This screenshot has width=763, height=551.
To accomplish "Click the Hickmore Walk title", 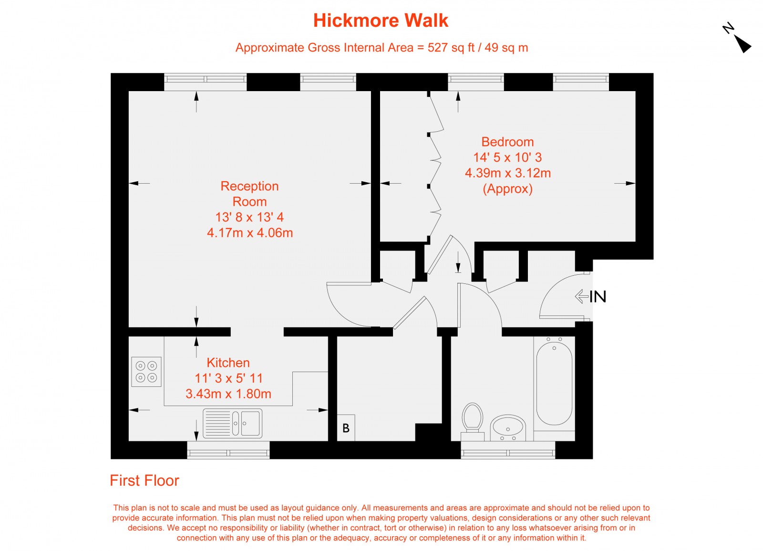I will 381,21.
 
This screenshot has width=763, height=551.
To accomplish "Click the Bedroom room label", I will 507,142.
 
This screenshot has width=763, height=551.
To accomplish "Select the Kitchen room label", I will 228,363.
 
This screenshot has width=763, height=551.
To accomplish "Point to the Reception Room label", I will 249,194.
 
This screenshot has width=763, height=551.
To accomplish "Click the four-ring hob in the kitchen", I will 146,372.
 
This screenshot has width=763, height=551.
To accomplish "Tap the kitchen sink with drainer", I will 232,423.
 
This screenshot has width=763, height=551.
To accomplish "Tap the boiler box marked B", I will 346,428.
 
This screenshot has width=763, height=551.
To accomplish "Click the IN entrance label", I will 598,297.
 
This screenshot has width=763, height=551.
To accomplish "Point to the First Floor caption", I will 144,480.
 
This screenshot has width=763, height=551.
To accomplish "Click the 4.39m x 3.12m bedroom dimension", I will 508,173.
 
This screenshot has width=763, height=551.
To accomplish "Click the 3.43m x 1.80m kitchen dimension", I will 228,394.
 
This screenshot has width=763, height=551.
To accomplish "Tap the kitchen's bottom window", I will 228,450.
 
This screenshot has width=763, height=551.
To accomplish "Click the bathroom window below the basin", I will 508,450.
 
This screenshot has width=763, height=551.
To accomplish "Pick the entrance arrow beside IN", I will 581,296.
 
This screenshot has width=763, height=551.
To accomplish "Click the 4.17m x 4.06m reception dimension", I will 250,233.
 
